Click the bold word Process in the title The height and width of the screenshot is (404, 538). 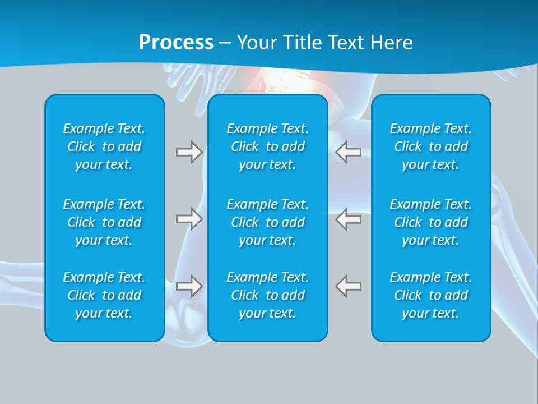pyautogui.click(x=176, y=43)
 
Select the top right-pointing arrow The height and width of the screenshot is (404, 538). pyautogui.click(x=189, y=152)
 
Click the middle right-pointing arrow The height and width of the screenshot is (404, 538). pyautogui.click(x=189, y=219)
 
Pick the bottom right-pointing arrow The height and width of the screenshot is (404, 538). pyautogui.click(x=189, y=286)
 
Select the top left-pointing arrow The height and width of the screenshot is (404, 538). pyautogui.click(x=349, y=152)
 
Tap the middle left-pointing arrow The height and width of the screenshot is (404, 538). pyautogui.click(x=349, y=219)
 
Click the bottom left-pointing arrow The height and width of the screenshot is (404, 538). pyautogui.click(x=349, y=286)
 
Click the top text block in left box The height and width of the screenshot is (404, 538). pyautogui.click(x=104, y=146)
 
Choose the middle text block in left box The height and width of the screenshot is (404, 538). pyautogui.click(x=104, y=222)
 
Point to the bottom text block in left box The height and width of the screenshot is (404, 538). pyautogui.click(x=104, y=295)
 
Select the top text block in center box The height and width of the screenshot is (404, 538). pyautogui.click(x=268, y=146)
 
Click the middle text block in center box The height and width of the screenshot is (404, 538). pyautogui.click(x=268, y=222)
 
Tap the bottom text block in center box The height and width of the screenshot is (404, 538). pyautogui.click(x=268, y=295)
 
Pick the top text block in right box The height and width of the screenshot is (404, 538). pyautogui.click(x=431, y=146)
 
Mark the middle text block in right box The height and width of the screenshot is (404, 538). pyautogui.click(x=431, y=222)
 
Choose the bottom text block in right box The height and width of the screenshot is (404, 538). pyautogui.click(x=431, y=295)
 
